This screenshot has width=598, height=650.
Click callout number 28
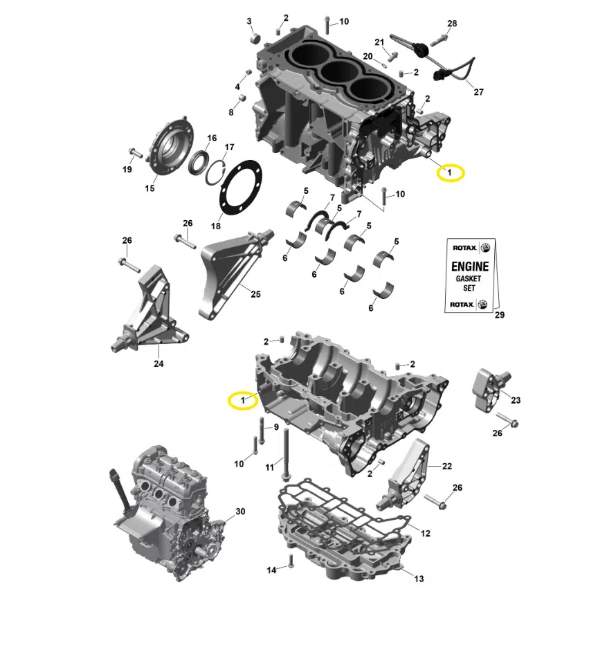452,24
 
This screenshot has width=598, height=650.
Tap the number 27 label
479,92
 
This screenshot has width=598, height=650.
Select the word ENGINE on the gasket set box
470,266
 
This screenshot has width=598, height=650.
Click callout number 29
500,315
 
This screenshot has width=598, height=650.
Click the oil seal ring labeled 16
199,163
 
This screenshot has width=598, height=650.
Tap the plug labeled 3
256,39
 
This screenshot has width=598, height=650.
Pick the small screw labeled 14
291,561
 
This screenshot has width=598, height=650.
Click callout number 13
419,578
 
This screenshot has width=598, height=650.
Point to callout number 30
240,512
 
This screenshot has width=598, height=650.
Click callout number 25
255,294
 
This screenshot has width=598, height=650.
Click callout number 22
446,467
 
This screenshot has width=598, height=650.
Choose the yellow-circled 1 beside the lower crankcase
243,400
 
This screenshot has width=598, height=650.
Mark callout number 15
149,188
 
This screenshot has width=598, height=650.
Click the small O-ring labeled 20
383,65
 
